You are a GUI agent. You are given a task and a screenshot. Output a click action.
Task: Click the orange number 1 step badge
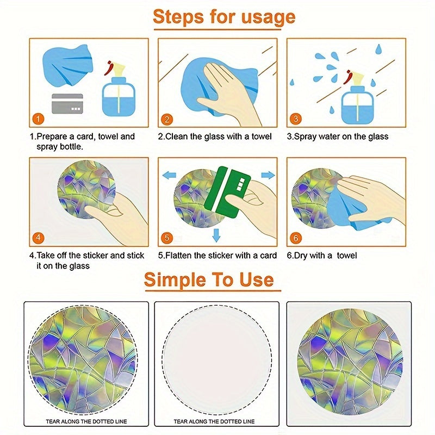(x=38, y=119)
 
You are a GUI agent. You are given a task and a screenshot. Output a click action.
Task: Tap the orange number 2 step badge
(x=167, y=119)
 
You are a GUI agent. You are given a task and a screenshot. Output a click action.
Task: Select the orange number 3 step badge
(x=295, y=119)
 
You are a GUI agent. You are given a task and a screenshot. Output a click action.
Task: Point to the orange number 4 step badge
(x=38, y=238)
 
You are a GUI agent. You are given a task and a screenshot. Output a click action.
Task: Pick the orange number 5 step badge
(x=167, y=238)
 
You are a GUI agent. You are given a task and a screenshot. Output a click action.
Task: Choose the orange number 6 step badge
(x=295, y=238)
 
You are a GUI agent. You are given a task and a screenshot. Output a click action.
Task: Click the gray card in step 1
(x=67, y=104)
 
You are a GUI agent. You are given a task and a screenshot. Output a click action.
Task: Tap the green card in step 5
(x=227, y=192)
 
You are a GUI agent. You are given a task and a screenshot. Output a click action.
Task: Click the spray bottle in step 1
(x=119, y=89)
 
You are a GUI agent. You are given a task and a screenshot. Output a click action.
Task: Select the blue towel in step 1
(x=67, y=65)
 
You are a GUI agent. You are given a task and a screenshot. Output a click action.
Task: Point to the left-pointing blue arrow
(x=169, y=175)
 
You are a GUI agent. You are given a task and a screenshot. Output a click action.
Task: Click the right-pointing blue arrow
(x=268, y=175)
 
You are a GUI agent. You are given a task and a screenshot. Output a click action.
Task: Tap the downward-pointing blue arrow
(x=216, y=235)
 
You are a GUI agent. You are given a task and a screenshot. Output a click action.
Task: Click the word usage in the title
(x=268, y=17)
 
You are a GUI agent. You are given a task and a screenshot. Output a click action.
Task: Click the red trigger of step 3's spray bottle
(x=346, y=77)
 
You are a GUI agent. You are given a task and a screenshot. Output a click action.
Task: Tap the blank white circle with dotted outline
(x=216, y=361)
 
